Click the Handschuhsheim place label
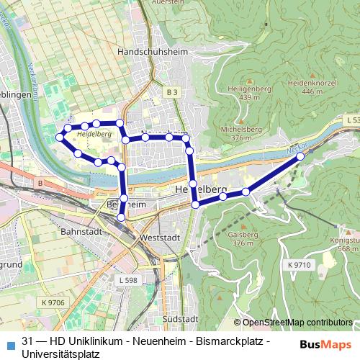coord(147,53)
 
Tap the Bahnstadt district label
coord(79,233)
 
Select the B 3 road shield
coord(170,92)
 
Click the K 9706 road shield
coord(54,302)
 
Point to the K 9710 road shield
coord(299,266)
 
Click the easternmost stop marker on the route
coord(300,155)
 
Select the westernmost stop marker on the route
coord(60,137)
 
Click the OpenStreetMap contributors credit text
coord(297,323)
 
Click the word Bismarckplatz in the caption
coord(230,340)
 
